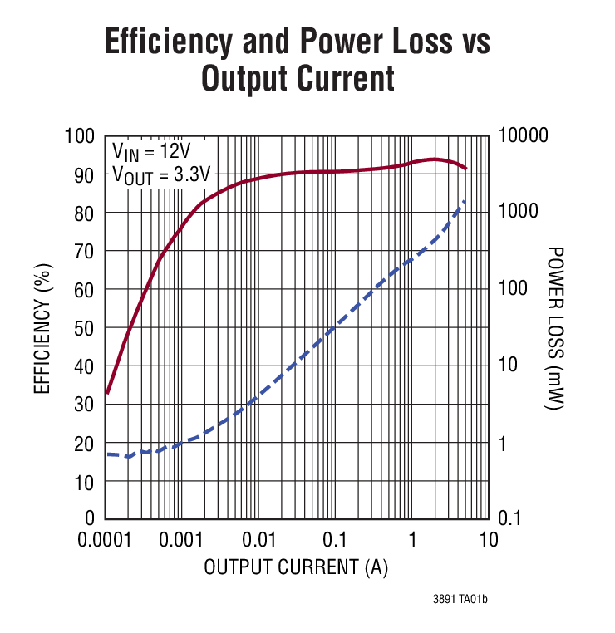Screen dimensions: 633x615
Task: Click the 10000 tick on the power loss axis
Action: coord(523,136)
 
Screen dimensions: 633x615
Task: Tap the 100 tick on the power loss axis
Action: coord(514,290)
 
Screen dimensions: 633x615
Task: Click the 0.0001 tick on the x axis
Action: coord(106,540)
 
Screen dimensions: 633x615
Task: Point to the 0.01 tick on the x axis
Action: coord(259,540)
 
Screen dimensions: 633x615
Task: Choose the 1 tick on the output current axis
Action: coord(412,540)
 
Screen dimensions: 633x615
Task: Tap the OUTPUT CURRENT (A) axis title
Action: coord(296,568)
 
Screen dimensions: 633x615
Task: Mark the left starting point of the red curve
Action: coord(107,392)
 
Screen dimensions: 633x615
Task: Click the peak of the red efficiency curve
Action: coord(434,159)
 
